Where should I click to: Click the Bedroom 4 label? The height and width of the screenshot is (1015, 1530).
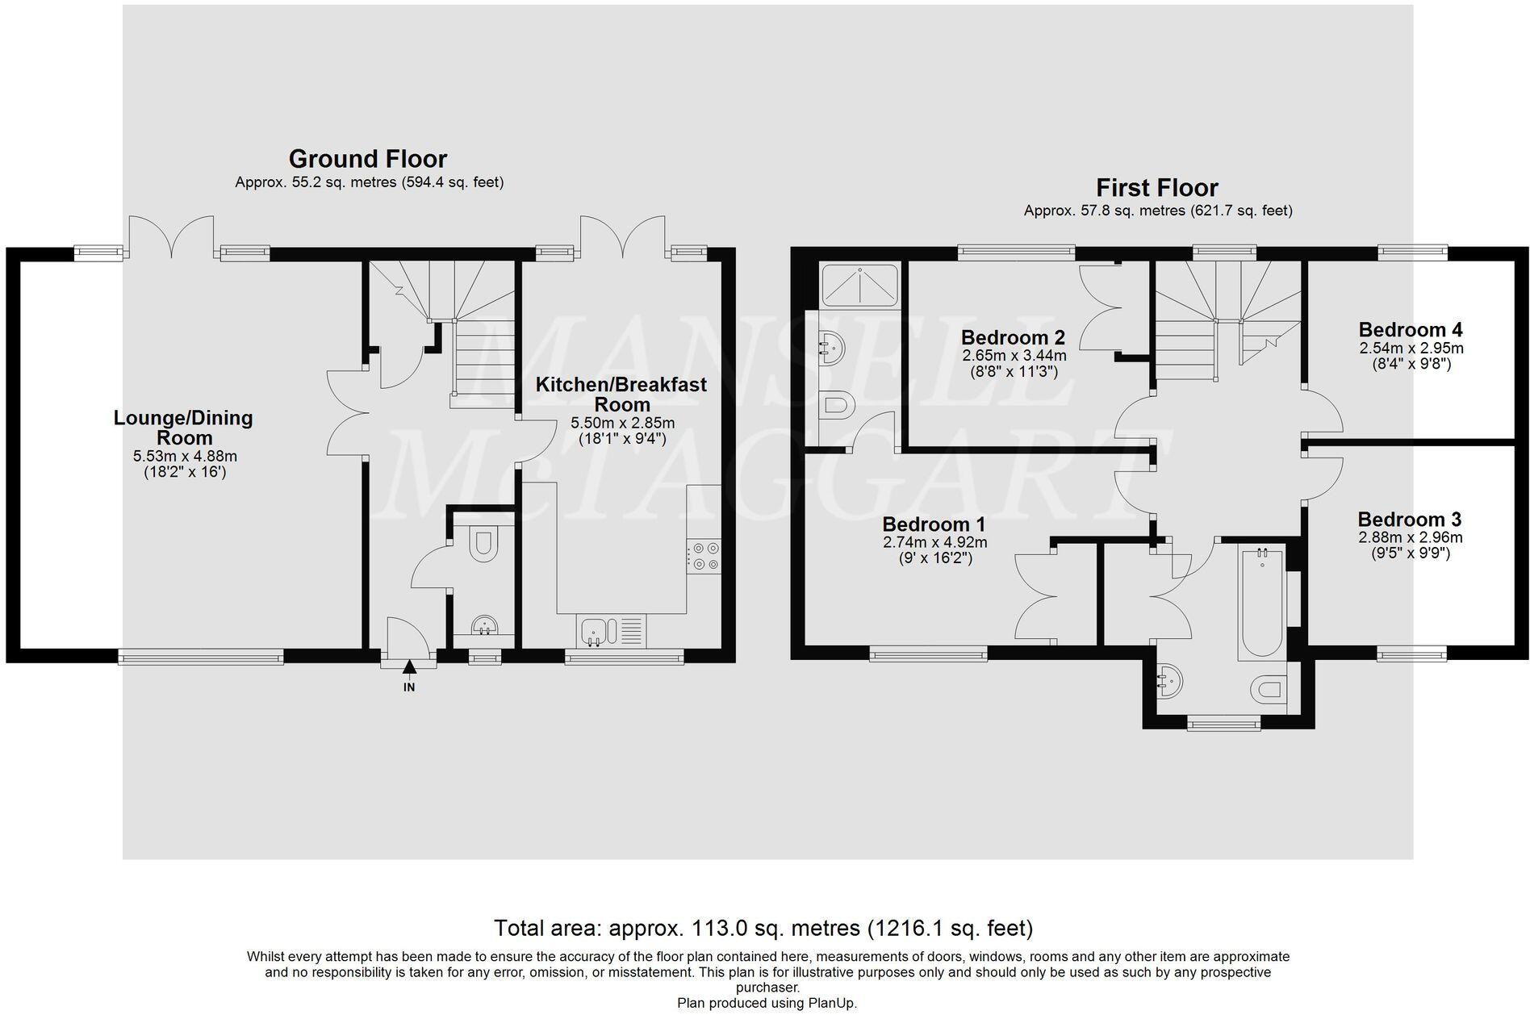click(1411, 329)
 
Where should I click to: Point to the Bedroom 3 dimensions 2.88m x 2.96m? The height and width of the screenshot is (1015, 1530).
click(1410, 537)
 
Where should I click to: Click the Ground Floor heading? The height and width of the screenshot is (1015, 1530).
click(368, 158)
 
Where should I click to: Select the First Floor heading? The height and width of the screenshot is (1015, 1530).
click(1157, 187)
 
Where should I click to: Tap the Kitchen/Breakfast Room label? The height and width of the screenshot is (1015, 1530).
click(621, 395)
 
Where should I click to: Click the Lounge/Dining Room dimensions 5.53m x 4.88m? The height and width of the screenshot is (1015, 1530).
click(185, 456)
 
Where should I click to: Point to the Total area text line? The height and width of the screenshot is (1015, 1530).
click(763, 928)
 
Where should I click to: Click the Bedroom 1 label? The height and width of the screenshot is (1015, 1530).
click(934, 524)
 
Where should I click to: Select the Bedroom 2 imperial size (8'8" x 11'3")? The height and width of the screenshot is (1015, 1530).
click(1014, 372)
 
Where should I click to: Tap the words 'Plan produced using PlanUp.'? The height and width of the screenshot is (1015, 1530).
click(767, 1003)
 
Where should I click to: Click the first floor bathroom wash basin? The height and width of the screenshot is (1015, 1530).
click(1169, 684)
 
